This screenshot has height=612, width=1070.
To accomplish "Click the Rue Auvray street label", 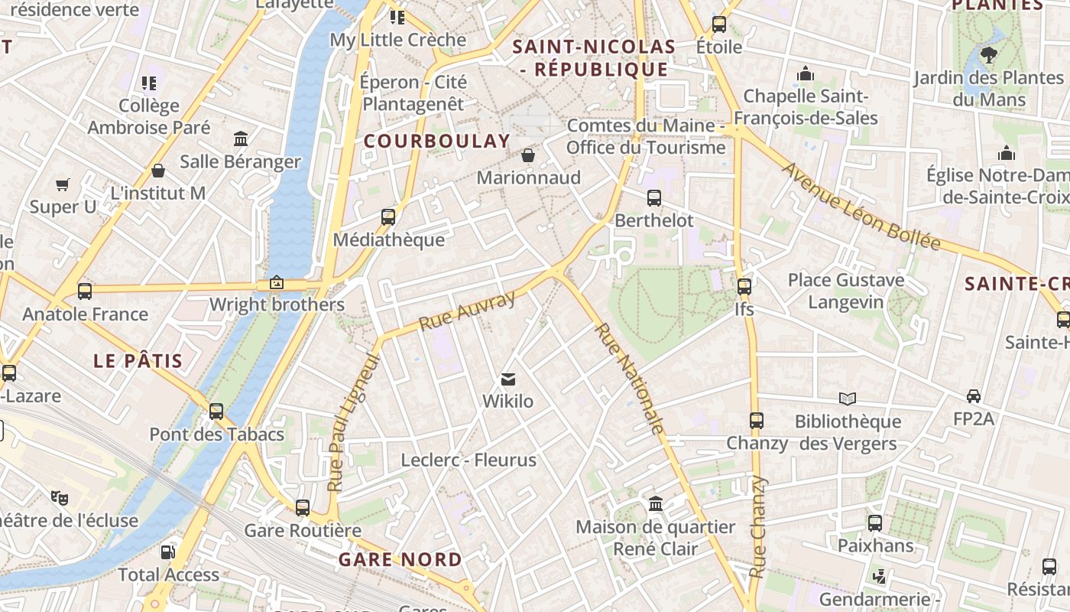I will click(x=468, y=311).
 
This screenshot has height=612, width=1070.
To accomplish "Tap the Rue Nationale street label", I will click(x=629, y=379).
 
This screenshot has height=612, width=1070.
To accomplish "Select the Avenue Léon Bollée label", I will click(x=861, y=206).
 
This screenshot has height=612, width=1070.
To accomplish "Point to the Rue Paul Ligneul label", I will click(x=353, y=422).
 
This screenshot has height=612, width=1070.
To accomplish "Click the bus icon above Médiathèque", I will click(x=388, y=217).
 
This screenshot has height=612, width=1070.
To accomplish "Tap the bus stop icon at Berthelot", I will click(x=654, y=198).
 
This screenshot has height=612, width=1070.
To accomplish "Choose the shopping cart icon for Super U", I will click(x=63, y=184).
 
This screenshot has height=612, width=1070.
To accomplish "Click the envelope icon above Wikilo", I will click(x=507, y=379).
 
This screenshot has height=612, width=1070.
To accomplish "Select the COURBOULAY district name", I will click(x=436, y=141).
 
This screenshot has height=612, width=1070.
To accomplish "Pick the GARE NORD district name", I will click(x=400, y=559).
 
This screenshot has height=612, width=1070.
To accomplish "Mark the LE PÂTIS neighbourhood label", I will click(x=138, y=361).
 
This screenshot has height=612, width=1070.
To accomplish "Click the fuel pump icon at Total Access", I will click(x=167, y=552).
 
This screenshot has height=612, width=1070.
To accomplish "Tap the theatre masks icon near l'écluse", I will click(x=60, y=498).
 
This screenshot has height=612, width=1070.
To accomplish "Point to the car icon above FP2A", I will click(x=974, y=396).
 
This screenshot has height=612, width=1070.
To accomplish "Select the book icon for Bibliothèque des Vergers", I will click(x=848, y=399).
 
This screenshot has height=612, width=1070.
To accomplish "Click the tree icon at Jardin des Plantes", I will click(x=988, y=55).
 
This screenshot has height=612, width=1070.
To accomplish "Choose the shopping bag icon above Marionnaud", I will click(x=528, y=156).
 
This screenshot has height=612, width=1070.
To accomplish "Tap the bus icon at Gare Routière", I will click(x=303, y=507).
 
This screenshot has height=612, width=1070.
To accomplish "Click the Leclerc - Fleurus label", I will click(x=469, y=460).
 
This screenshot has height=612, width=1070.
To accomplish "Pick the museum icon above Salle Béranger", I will click(x=241, y=139).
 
